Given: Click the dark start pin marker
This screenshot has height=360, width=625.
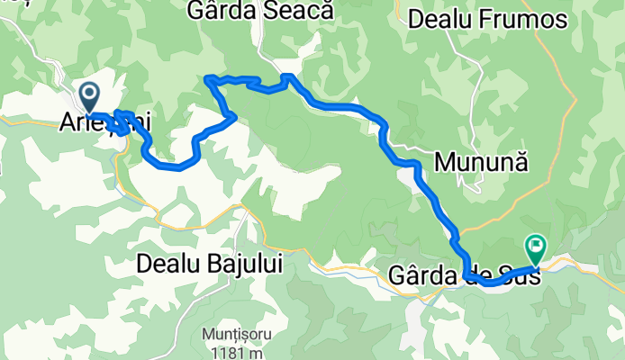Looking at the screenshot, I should click(x=89, y=94).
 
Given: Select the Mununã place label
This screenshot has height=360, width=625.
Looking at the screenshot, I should click(x=480, y=162).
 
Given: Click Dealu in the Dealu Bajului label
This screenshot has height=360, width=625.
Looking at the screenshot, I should click(x=168, y=265).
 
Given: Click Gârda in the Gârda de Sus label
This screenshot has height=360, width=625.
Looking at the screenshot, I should click(x=422, y=274).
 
